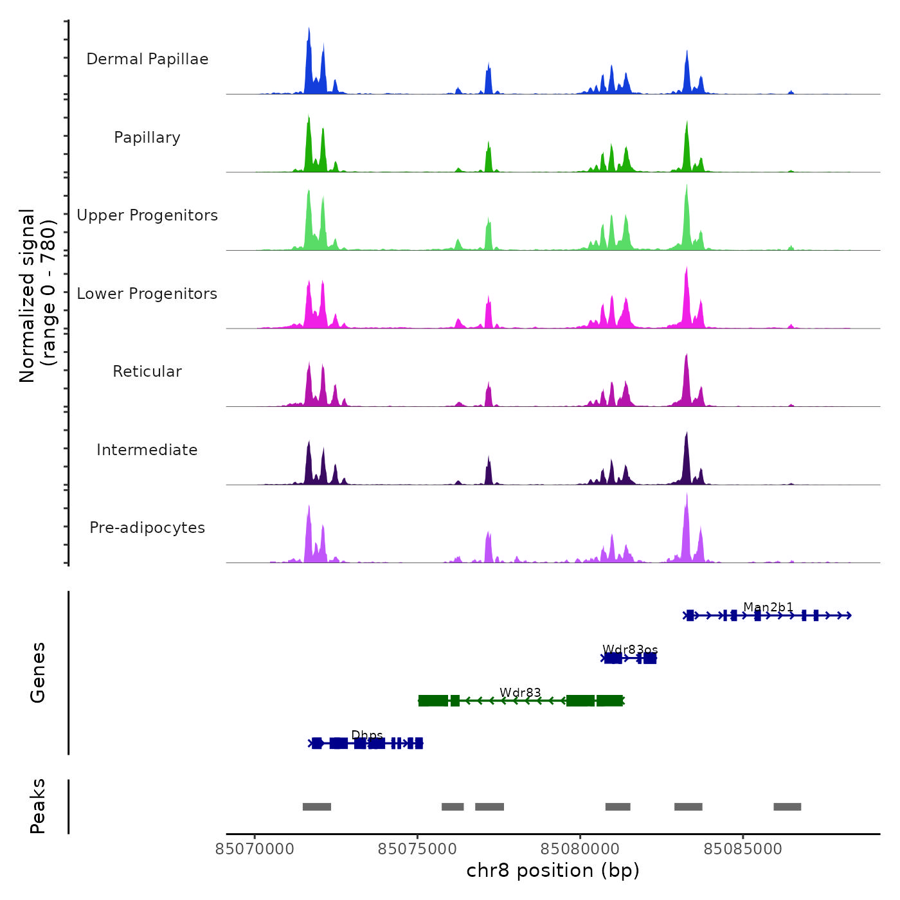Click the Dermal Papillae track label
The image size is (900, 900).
click(x=147, y=59)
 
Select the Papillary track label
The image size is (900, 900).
click(x=147, y=138)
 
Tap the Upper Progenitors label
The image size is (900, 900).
click(x=147, y=215)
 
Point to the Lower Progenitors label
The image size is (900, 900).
click(x=147, y=294)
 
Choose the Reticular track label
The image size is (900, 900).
click(x=147, y=372)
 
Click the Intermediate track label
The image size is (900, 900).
click(x=147, y=450)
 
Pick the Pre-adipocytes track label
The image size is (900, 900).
click(x=147, y=528)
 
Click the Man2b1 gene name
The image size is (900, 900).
click(x=768, y=607)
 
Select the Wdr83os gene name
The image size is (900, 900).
click(x=630, y=649)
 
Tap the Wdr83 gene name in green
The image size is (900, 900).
click(x=520, y=692)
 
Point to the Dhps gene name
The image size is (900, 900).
click(x=367, y=735)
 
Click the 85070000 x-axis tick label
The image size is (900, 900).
click(x=255, y=849)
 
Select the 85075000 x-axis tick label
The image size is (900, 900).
click(x=418, y=849)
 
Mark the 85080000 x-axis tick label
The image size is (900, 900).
click(x=580, y=849)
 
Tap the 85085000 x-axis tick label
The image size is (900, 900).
click(x=743, y=849)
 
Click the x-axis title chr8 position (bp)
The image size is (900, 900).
click(x=553, y=870)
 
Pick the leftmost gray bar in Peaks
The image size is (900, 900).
click(x=317, y=807)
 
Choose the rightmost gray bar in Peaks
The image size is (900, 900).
click(x=788, y=807)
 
